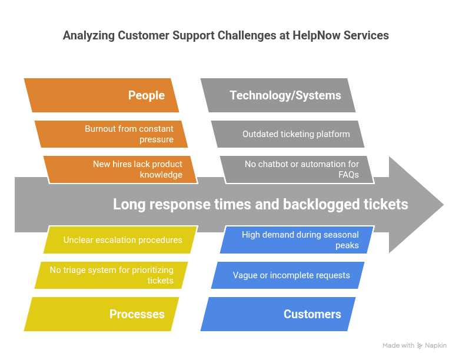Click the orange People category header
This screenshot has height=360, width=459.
click(101, 95)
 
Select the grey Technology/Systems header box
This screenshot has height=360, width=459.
click(278, 95)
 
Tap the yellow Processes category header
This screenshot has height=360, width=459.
click(101, 314)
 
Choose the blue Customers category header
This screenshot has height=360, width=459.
click(278, 314)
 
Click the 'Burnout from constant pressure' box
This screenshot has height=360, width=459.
click(112, 134)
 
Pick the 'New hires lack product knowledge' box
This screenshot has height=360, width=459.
click(121, 169)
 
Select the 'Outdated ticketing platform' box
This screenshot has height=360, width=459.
click(288, 134)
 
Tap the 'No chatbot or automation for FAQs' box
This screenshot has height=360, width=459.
click(297, 169)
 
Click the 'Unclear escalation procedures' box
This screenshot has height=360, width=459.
click(122, 240)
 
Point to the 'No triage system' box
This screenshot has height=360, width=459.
click(112, 275)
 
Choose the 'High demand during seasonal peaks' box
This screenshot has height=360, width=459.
click(297, 240)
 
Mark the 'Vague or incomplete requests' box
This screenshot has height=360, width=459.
click(288, 275)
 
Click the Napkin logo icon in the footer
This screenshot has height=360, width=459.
click(420, 346)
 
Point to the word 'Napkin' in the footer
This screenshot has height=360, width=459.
click(435, 346)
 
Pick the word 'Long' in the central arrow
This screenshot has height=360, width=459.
click(128, 205)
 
